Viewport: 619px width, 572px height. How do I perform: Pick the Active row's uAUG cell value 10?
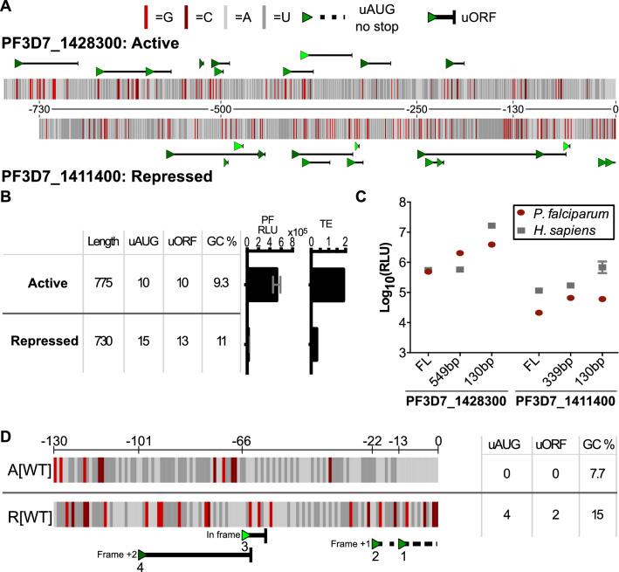(x=144, y=285)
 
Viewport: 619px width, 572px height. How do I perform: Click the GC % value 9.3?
(x=218, y=285)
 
